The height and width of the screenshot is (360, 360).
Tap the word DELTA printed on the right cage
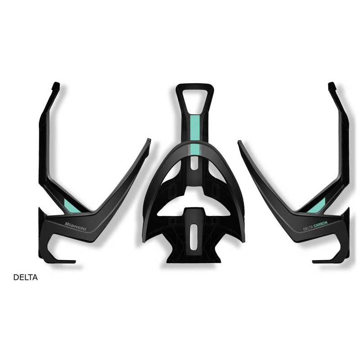308,228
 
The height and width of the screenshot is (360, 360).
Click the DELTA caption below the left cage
26,278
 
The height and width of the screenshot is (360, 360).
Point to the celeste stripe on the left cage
71,205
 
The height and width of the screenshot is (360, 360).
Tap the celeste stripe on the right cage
317,206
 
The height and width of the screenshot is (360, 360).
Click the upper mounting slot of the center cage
194,162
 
